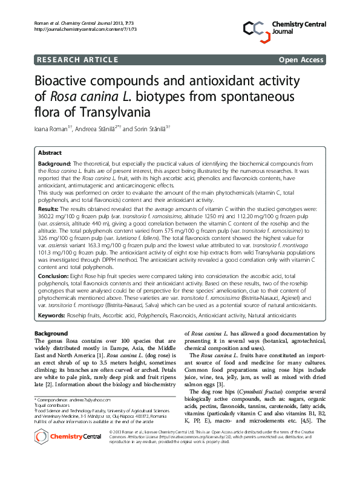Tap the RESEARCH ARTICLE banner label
(77, 59)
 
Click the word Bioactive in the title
(68, 82)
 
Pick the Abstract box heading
(50, 154)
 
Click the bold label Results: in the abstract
(49, 208)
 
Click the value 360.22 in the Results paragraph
(46, 215)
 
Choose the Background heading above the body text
(51, 334)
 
